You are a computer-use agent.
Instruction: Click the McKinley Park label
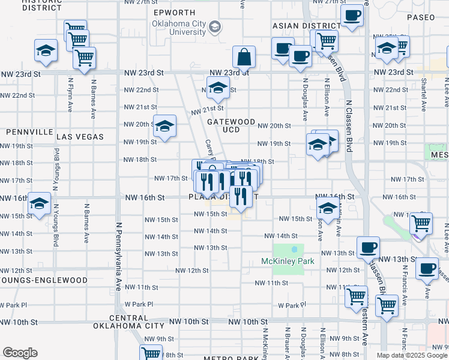[x=283, y=261]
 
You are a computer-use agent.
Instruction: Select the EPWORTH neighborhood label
[x=174, y=13]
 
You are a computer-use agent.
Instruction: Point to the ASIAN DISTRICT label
[x=307, y=26]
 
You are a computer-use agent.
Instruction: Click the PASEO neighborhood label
[x=420, y=17]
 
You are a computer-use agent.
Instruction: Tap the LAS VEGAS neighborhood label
[x=80, y=137]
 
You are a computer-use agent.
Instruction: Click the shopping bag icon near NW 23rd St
[x=244, y=58]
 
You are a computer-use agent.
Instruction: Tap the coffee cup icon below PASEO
[x=352, y=16]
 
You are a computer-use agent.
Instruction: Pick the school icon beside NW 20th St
[x=165, y=126]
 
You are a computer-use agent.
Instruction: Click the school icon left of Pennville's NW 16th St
[x=40, y=204]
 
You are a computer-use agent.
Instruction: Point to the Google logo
[x=20, y=353]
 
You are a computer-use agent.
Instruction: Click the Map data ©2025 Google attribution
[x=412, y=355]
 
